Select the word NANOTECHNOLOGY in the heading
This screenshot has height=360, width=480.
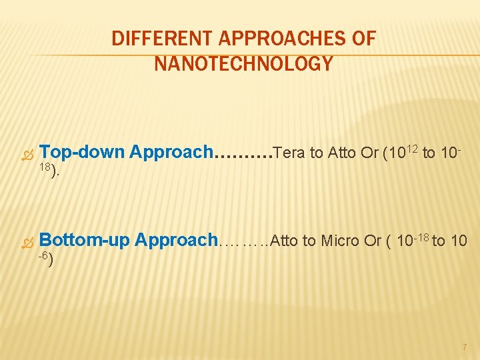[x=243, y=64]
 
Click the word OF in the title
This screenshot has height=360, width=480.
[x=364, y=39]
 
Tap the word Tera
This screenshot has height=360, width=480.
[x=289, y=153]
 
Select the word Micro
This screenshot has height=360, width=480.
[x=341, y=241]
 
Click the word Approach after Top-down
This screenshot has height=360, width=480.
[x=171, y=152]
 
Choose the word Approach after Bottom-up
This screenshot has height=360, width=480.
[x=176, y=240]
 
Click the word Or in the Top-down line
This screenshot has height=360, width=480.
[x=369, y=153]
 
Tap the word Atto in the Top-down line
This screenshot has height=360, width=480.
[x=341, y=153]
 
